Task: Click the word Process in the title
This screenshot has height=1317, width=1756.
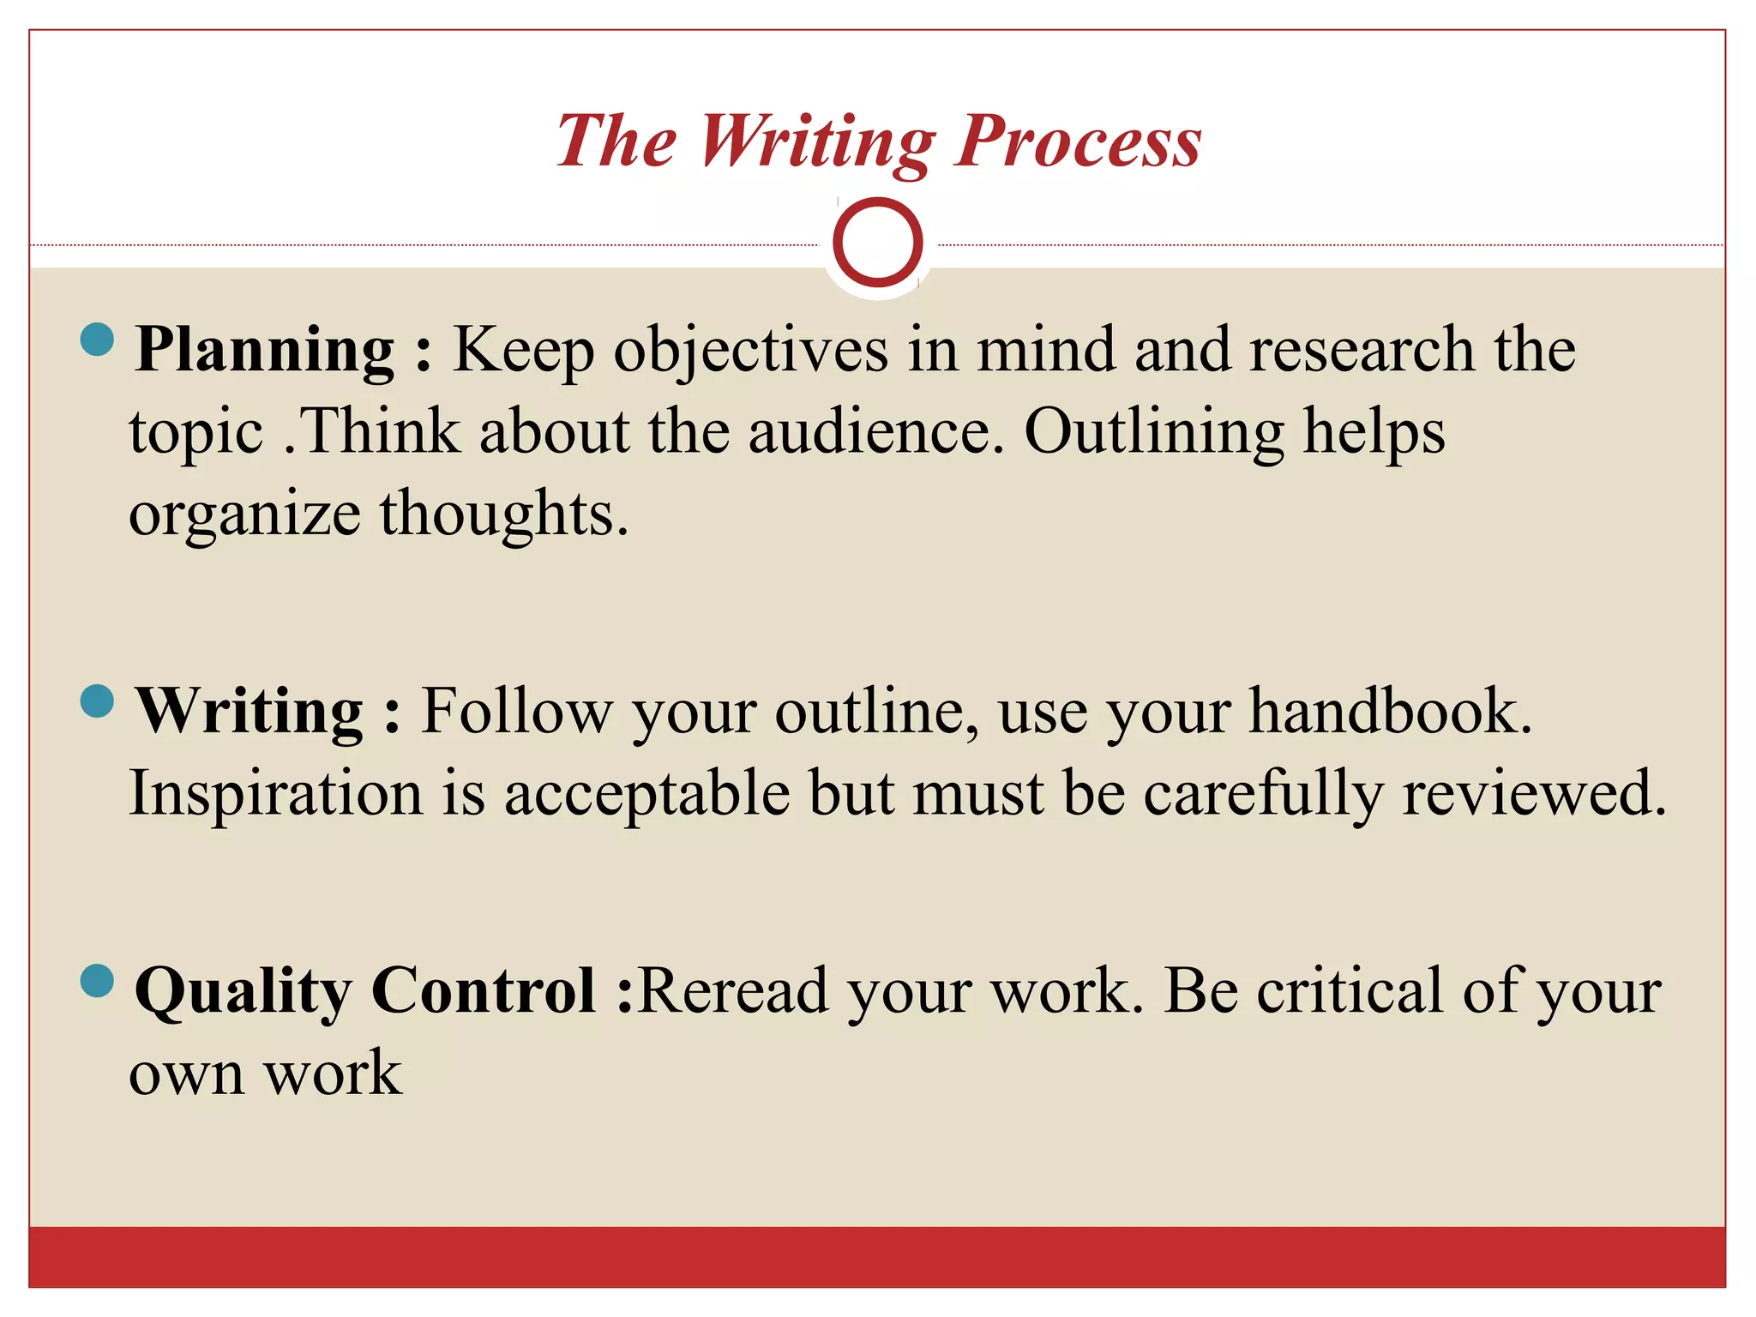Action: tap(1079, 141)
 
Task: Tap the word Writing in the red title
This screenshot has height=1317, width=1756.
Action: tap(817, 141)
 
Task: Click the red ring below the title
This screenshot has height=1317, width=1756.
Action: tap(877, 243)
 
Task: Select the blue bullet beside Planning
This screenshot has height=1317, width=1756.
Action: tap(97, 340)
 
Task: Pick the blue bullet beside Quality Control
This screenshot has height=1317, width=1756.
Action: tap(97, 981)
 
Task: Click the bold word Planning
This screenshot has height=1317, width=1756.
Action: tap(265, 350)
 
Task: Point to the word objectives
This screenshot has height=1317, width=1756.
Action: tap(751, 350)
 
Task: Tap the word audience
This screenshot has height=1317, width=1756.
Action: tap(875, 430)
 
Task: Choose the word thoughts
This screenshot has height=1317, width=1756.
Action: tap(504, 513)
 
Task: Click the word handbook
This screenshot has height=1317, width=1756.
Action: tap(1390, 711)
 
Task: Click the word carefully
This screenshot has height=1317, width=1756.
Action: tap(1263, 794)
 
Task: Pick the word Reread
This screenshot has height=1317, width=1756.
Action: tap(733, 990)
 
